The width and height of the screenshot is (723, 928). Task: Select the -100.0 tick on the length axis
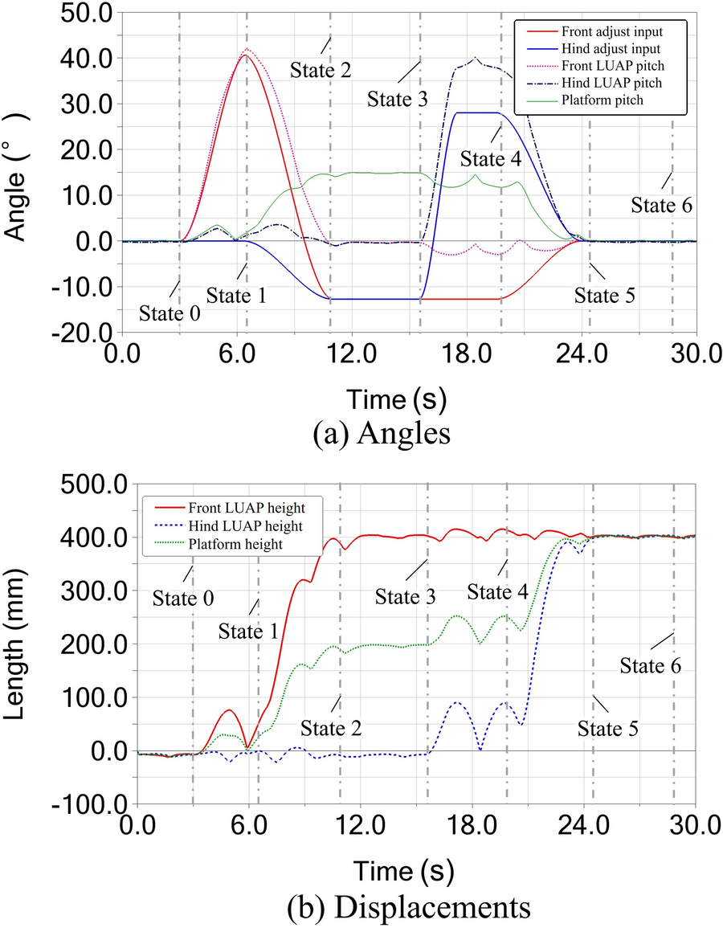coord(89,803)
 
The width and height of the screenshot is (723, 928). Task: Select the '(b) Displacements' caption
coord(410,907)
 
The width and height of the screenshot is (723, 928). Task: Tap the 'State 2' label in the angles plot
coord(321,69)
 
